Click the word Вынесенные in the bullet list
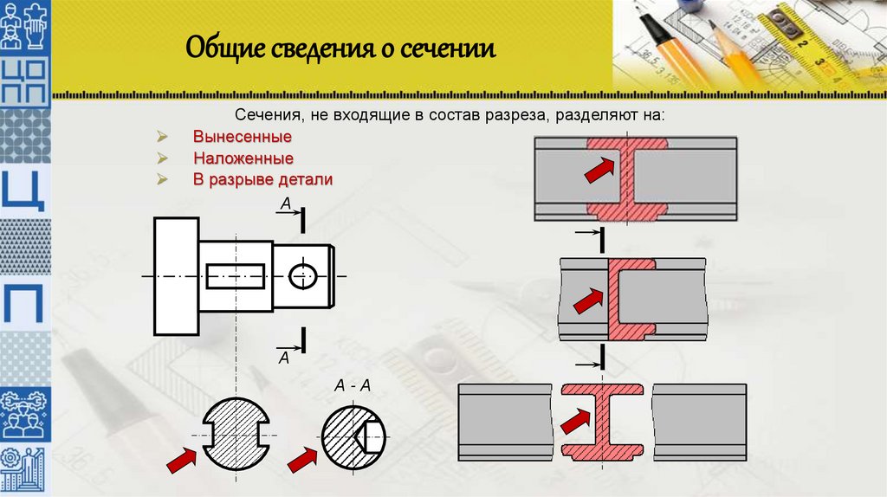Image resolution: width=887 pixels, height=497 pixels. [x=242, y=138]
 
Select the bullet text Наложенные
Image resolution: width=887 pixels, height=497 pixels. [x=243, y=158]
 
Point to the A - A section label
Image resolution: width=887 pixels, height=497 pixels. [x=353, y=387]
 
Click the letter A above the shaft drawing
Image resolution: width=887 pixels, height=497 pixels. [x=285, y=204]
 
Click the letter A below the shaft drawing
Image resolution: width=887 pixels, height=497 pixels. [x=283, y=356]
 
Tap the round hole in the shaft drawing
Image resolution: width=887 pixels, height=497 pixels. [x=302, y=276]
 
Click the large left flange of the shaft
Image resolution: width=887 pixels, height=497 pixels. [x=176, y=275]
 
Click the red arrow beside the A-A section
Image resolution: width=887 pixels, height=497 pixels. [x=302, y=459]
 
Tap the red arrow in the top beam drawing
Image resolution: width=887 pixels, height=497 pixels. [x=598, y=169]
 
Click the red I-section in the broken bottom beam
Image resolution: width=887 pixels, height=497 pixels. [x=602, y=420]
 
